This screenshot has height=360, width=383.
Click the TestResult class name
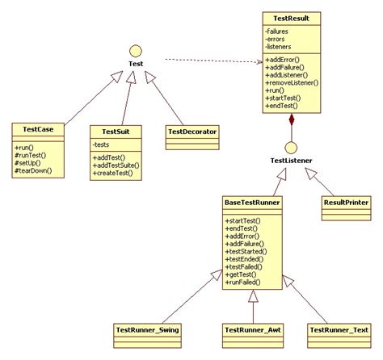[x=292, y=17]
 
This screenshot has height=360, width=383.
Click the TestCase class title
[x=38, y=128]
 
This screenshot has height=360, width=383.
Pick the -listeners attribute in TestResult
[x=279, y=48]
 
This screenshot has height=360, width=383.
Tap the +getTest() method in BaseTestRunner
[x=242, y=275]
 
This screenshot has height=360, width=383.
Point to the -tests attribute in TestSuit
[x=103, y=144]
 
